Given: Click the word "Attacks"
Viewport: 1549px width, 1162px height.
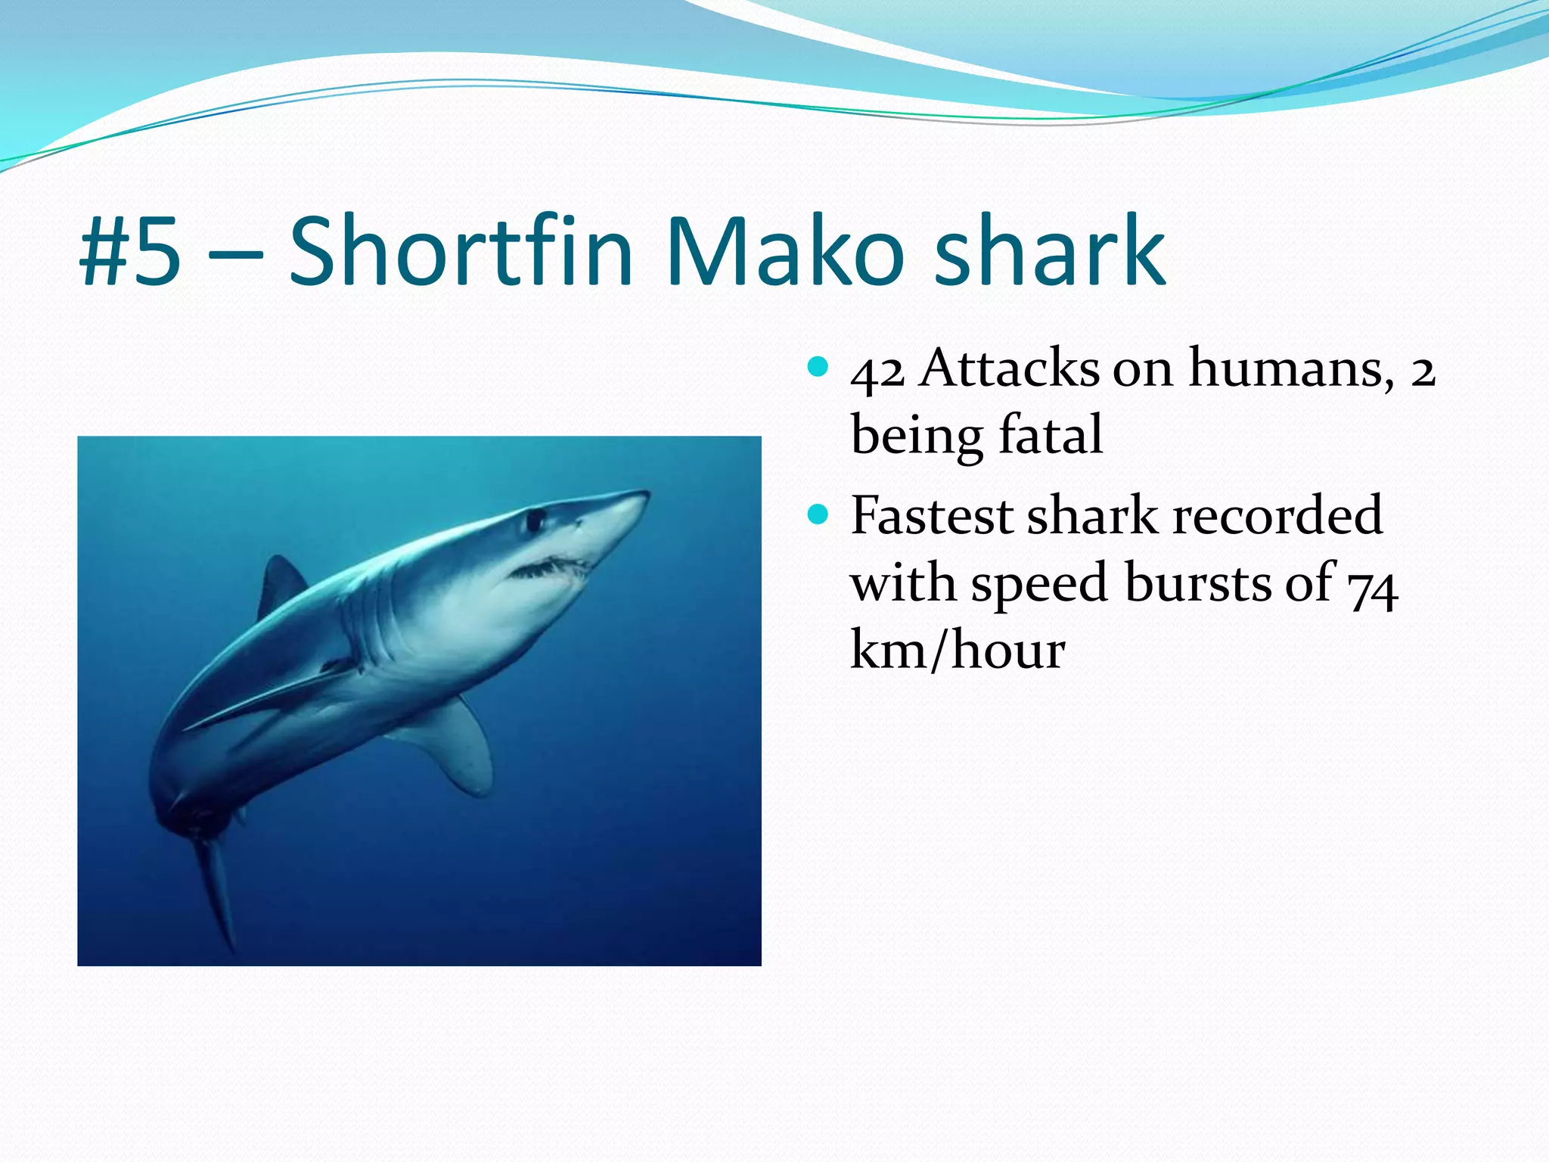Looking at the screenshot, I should tap(1010, 368).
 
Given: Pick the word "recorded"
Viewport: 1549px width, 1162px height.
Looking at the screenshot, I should tap(1278, 516).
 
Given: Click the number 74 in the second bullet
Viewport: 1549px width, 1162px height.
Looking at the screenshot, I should tap(1374, 586).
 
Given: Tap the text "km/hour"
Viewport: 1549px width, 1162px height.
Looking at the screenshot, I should tap(958, 649).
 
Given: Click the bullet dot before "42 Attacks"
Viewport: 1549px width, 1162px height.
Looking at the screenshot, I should tap(818, 368).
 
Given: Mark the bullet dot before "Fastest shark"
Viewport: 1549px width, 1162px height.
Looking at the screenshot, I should tap(818, 515).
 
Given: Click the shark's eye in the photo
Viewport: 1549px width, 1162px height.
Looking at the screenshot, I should tap(535, 520).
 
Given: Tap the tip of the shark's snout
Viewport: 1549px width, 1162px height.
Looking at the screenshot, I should tap(644, 495).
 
